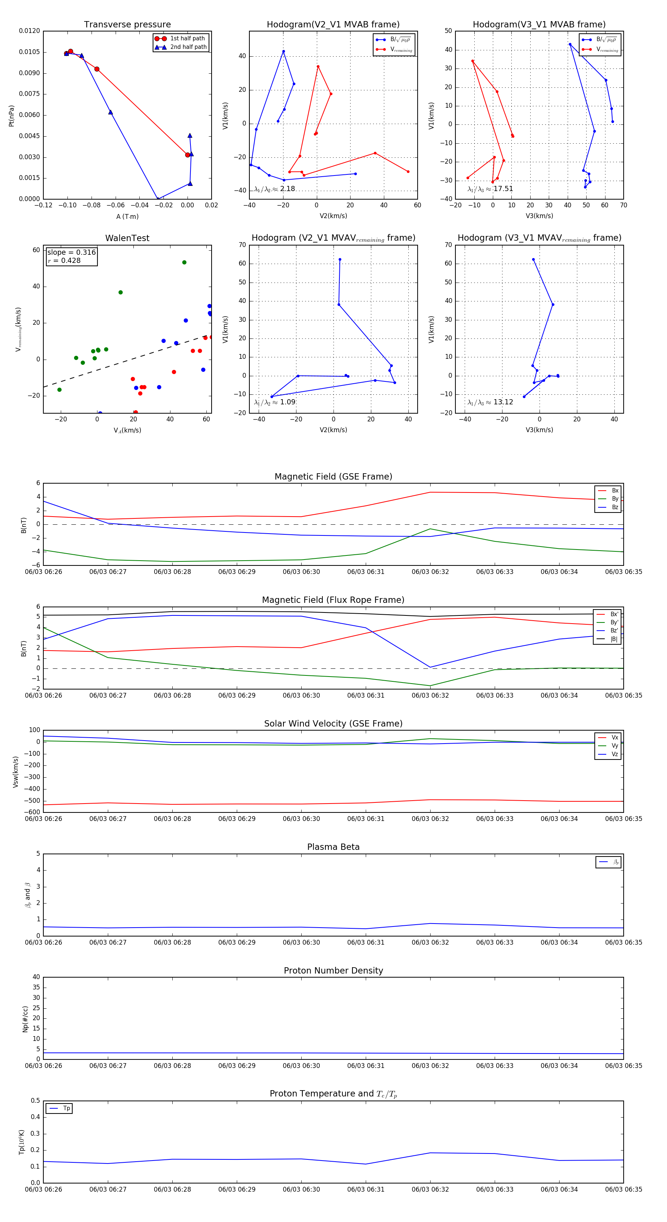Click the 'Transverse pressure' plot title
coord(127,25)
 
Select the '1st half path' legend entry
coord(187,39)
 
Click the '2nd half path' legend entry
coord(188,47)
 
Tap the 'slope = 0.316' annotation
coord(71,253)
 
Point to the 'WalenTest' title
coord(127,238)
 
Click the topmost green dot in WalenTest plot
coord(184,262)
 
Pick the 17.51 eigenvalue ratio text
coord(503,189)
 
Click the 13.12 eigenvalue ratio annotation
coord(503,402)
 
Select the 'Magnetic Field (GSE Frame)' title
coord(333,477)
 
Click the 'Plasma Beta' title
coord(333,847)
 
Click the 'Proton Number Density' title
coord(333,971)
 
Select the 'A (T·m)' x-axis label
coord(127,217)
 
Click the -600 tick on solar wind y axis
coord(33,812)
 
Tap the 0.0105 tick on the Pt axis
coord(29,52)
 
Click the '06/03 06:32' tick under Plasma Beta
coord(430,942)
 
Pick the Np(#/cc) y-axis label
coord(25,1019)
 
